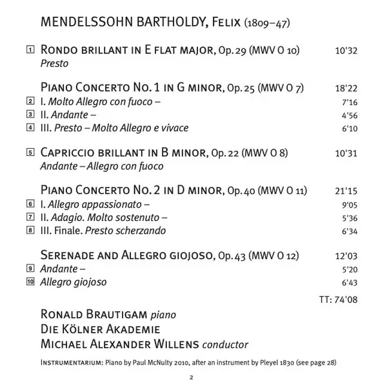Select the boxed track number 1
point(30,50)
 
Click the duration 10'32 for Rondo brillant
point(346,50)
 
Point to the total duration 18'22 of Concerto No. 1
point(346,88)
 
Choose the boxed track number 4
point(30,128)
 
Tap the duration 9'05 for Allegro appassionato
point(348,204)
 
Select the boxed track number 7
point(30,217)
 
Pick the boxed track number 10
point(30,282)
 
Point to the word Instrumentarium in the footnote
point(68,362)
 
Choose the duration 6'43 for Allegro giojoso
point(348,282)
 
